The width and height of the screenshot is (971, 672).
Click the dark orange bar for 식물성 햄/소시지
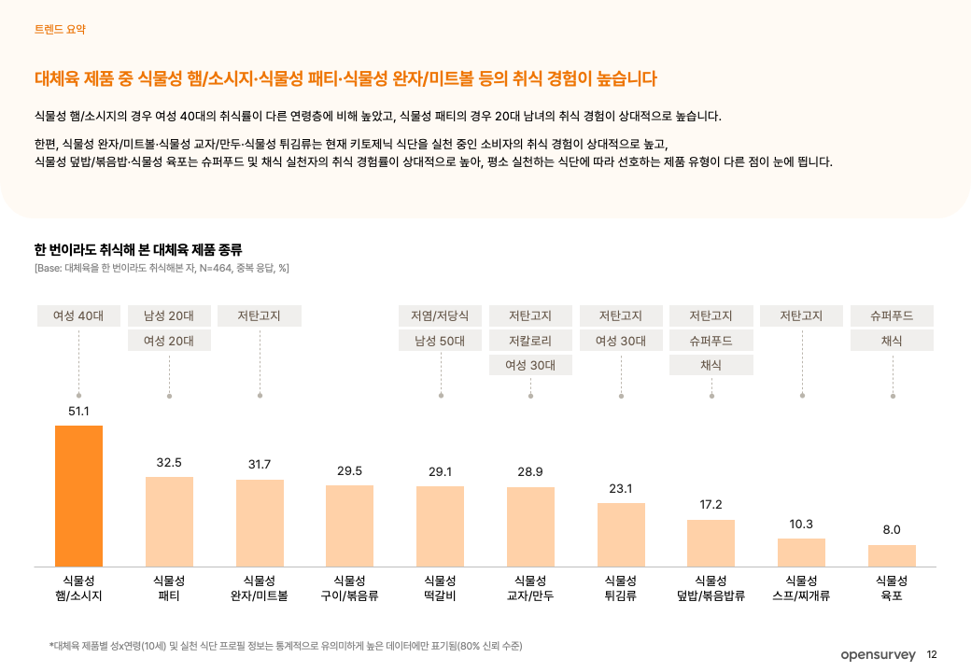(x=78, y=496)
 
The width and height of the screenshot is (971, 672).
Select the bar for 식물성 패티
(x=169, y=521)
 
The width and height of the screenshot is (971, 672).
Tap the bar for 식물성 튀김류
(x=621, y=534)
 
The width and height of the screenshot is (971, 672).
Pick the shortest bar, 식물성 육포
(x=892, y=555)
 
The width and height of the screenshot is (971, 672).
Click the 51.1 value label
(x=78, y=411)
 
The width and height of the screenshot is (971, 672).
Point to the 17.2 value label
(x=711, y=505)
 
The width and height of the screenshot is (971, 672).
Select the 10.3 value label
(x=801, y=524)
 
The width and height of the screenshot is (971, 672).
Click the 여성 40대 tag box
(x=78, y=315)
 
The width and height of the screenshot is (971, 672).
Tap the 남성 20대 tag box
(x=169, y=315)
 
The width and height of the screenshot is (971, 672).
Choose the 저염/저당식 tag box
(x=440, y=315)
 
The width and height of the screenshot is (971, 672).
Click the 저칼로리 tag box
(x=530, y=341)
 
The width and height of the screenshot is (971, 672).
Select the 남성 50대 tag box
(x=440, y=341)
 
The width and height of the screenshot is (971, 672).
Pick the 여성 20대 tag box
(x=169, y=341)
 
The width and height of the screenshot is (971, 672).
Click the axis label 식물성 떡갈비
(x=440, y=588)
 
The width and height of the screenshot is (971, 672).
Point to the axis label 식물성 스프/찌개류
(x=801, y=588)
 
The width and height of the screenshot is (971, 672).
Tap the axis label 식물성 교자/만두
(x=530, y=588)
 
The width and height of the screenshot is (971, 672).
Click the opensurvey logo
(x=878, y=655)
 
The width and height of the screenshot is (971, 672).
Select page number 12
(x=932, y=655)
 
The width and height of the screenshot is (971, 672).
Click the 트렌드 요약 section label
(x=59, y=30)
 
